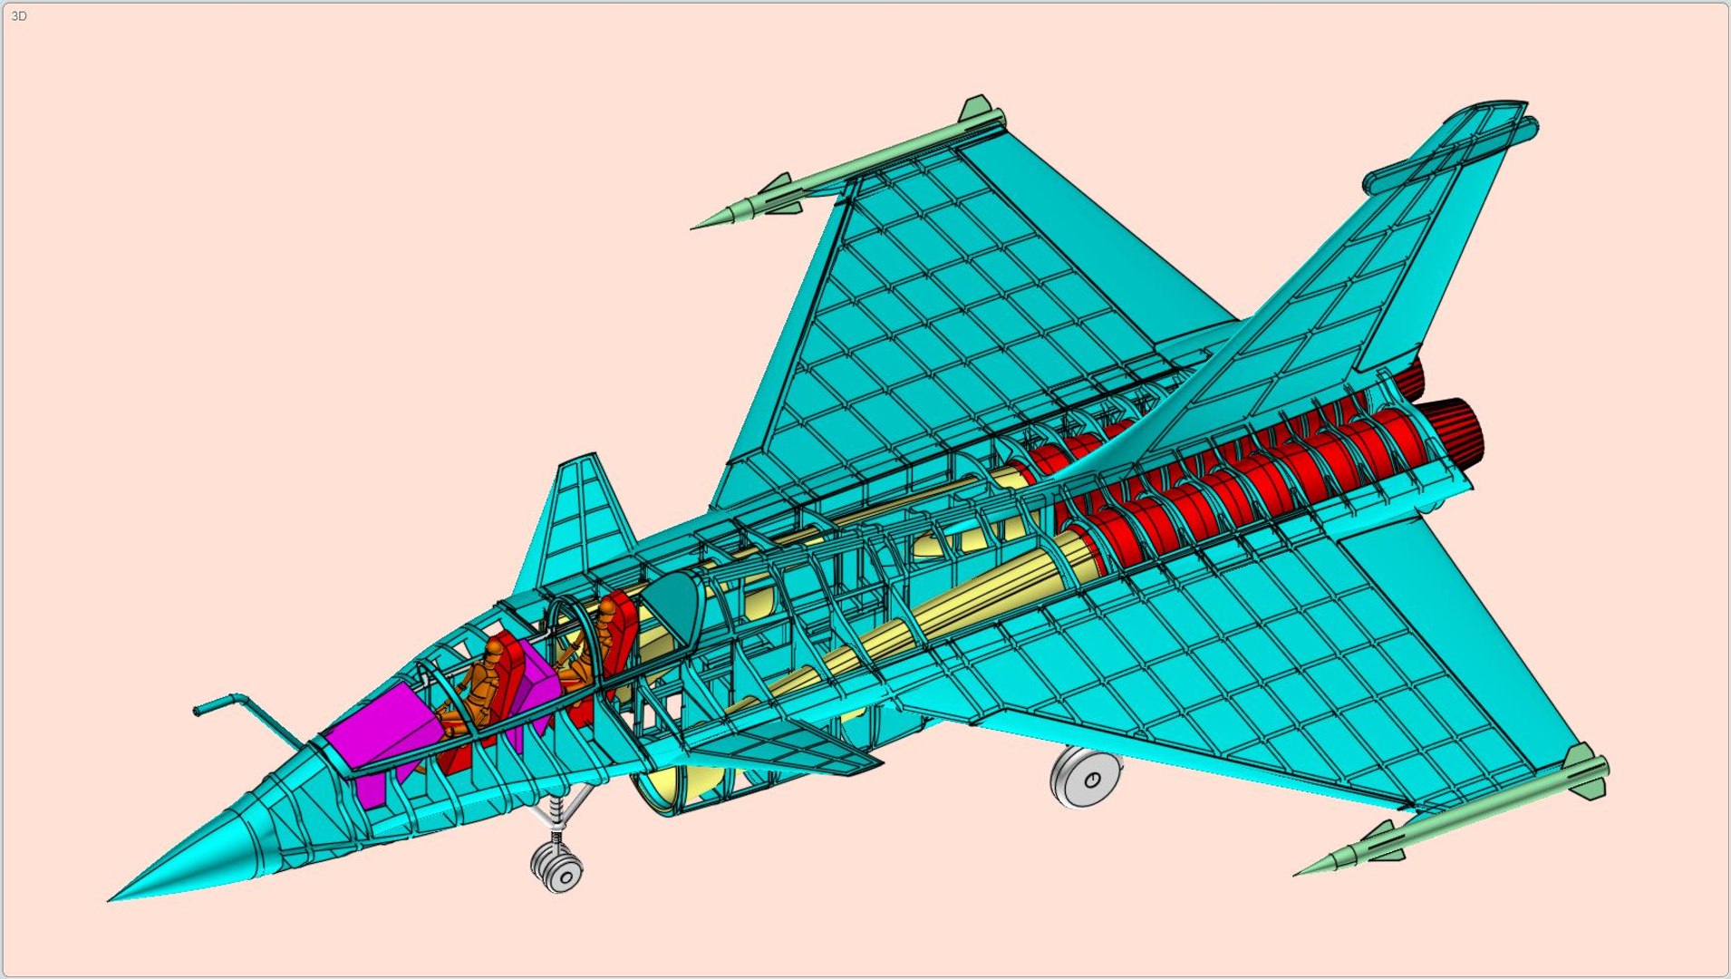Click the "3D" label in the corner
point(19,16)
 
